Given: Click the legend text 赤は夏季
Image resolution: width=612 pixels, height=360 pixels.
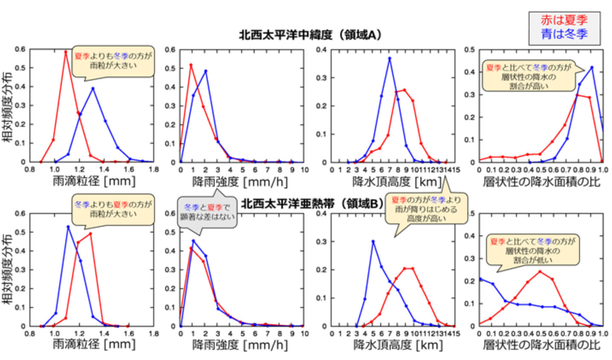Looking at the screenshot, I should [x=564, y=20].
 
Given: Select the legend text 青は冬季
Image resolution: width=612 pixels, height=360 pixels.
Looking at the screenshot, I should [x=564, y=34].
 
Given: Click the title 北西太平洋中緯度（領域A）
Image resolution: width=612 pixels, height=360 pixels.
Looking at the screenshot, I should [x=310, y=35].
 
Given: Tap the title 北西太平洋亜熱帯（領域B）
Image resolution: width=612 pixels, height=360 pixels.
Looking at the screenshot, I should [x=312, y=204].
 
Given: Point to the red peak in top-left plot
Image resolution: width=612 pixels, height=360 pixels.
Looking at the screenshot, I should [x=66, y=52].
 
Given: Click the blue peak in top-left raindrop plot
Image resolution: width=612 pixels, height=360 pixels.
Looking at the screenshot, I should [x=93, y=88].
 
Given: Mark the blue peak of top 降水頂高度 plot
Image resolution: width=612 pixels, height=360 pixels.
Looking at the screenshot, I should [x=389, y=59].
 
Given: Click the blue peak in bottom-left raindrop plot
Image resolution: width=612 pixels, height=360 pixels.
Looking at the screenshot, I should [x=68, y=226].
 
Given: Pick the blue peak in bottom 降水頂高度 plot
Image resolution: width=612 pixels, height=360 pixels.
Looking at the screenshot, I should [x=373, y=241].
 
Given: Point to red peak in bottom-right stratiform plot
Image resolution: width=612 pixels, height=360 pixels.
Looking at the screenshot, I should [x=540, y=271].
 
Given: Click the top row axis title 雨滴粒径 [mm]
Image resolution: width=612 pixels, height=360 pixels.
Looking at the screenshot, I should [x=94, y=181].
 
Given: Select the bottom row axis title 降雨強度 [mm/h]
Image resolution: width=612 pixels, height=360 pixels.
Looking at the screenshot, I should [x=240, y=344].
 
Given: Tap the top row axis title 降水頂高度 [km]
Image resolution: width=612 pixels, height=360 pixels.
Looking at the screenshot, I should [x=397, y=181].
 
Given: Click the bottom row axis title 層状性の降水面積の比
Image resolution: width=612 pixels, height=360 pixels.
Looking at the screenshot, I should [x=542, y=344].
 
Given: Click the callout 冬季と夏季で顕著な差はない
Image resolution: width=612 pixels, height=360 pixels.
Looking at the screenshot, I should [x=207, y=212].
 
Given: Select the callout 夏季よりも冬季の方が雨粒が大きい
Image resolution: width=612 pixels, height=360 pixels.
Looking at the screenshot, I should [x=113, y=60].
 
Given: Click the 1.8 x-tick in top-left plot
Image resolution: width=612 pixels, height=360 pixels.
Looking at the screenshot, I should [x=154, y=169].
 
